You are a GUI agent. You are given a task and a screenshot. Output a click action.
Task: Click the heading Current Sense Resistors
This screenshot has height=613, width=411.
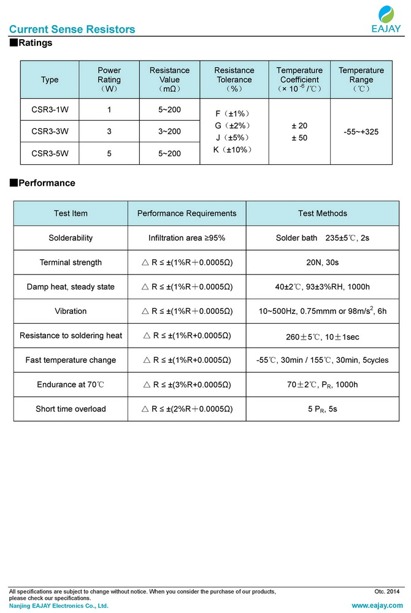pos(72,29)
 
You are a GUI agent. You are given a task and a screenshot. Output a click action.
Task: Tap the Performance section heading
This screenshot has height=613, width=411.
pos(42,183)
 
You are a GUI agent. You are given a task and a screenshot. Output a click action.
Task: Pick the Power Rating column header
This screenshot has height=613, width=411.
pos(109,80)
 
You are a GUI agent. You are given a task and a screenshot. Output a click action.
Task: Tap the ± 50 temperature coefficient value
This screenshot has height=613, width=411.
pos(299,138)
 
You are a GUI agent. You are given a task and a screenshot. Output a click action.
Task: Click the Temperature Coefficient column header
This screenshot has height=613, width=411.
pos(299,80)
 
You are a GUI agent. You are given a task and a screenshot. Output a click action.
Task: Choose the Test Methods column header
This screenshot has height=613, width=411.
pos(322,213)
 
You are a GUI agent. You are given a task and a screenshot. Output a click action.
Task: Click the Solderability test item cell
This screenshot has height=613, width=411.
pos(71,238)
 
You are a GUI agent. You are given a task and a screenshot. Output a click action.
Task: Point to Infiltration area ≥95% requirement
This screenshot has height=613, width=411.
pos(186,238)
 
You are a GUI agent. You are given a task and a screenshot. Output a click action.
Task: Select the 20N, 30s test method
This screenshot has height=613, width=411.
pos(323,262)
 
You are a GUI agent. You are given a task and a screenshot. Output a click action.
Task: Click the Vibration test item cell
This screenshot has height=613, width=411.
pos(71,311)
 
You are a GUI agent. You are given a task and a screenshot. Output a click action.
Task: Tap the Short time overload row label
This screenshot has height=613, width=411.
pos(71,409)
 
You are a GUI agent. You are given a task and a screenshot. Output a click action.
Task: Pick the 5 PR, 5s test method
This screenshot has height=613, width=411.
pos(323,409)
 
